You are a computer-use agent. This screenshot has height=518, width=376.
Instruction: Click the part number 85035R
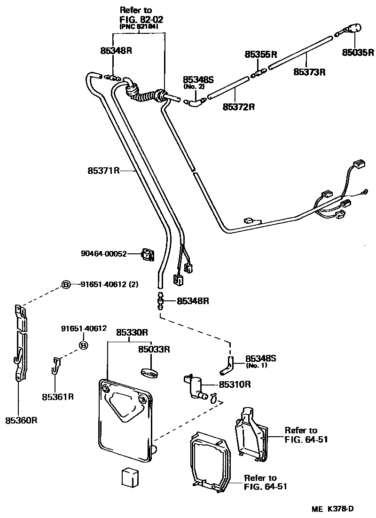pos(357,52)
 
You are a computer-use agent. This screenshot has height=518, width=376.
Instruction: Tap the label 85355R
pos(260,55)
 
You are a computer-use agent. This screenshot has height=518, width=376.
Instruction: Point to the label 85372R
pos(238,106)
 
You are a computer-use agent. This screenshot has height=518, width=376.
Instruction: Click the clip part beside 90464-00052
pos(149,255)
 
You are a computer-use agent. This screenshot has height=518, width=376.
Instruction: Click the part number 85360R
pos(22,420)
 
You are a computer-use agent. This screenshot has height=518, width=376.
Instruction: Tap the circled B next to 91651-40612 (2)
pos(67,284)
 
